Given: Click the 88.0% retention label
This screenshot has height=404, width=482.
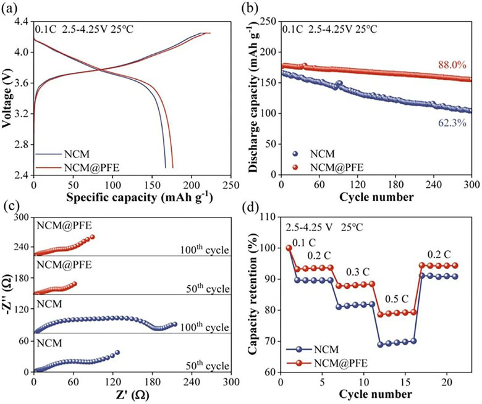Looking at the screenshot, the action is [452, 65].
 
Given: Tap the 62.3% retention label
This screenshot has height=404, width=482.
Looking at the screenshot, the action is [452, 123].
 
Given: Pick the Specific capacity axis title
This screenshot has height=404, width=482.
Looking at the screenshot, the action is [140, 196].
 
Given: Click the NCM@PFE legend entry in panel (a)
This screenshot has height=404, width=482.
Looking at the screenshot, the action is [77, 167].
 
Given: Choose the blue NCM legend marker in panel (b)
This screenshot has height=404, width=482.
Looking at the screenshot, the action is [295, 154].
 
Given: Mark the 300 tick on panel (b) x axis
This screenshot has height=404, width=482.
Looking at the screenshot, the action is [472, 184].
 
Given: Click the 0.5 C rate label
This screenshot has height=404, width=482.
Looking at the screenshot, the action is [397, 298].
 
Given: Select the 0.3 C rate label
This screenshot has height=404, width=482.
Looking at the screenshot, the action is [358, 272].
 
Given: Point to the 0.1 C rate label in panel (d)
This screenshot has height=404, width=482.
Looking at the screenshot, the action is [304, 243].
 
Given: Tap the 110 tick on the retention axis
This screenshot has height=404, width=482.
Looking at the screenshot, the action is [268, 217].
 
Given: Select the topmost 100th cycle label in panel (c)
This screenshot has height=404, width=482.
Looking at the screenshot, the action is [205, 249].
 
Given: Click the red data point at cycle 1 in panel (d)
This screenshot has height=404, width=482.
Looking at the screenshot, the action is [289, 248].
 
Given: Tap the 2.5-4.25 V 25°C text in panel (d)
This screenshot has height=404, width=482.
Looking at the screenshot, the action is [324, 227].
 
